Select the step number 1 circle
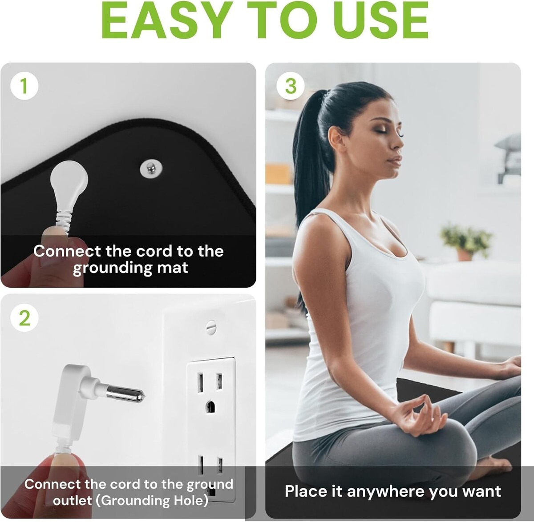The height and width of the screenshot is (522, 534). point(24,86)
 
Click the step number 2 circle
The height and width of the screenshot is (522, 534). point(24,318)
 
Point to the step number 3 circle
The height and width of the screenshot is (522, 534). point(291,86)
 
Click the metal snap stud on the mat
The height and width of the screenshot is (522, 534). point(151,168)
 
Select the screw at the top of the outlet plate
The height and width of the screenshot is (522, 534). point(211,327)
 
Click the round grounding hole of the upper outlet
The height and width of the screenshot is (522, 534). point(210,407)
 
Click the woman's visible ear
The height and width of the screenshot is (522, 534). point(336,138)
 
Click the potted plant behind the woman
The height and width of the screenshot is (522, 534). point(465,242)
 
